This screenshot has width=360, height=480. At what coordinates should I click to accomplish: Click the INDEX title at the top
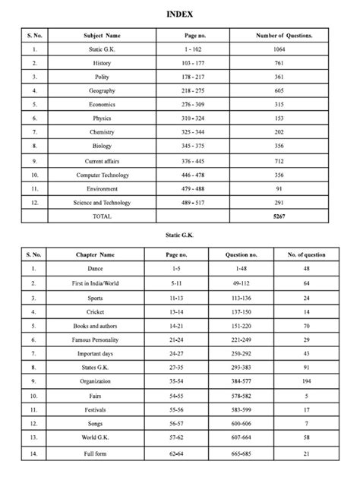(180, 14)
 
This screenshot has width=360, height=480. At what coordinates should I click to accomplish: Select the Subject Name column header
(102, 36)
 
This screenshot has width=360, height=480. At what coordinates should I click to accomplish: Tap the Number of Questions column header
(283, 36)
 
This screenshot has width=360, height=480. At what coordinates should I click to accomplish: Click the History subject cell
(102, 63)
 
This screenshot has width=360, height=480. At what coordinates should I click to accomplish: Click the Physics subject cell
(102, 118)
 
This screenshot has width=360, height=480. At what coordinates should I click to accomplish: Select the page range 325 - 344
(192, 132)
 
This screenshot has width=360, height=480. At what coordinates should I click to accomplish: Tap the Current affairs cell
(102, 161)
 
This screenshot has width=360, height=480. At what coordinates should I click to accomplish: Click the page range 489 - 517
(192, 203)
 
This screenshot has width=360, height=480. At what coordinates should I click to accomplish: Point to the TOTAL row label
(102, 216)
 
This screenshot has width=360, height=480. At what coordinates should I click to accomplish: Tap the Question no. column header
(244, 254)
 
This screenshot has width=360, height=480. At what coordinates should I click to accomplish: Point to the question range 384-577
(244, 381)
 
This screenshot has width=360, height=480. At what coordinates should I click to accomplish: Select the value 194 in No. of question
(307, 381)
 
